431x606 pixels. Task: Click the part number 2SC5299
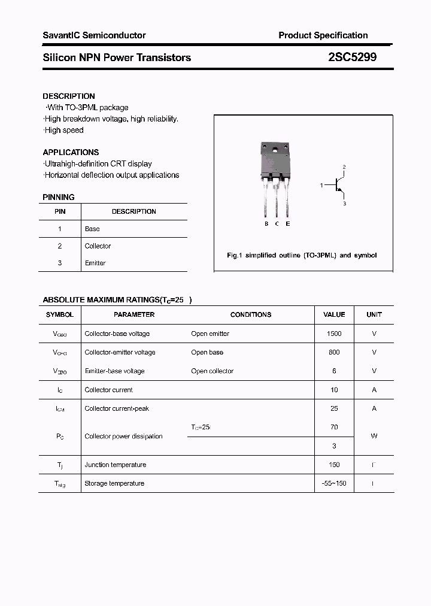click(x=352, y=57)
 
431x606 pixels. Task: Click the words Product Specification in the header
click(x=323, y=35)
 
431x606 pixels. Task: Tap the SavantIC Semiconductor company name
click(x=94, y=35)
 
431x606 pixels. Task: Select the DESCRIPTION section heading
click(x=69, y=96)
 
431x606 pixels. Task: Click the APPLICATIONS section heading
click(x=71, y=152)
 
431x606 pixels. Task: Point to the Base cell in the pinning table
click(x=92, y=229)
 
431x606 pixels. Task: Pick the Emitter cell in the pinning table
click(x=95, y=263)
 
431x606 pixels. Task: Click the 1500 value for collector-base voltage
click(x=334, y=334)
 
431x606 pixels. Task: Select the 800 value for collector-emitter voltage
click(x=334, y=352)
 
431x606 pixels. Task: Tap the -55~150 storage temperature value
click(x=334, y=483)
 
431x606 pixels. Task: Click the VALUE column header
click(x=334, y=314)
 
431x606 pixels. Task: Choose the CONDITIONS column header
click(x=251, y=314)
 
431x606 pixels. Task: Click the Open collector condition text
click(x=213, y=371)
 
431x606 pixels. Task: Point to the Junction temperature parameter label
click(x=116, y=465)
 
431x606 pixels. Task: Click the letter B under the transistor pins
click(x=266, y=224)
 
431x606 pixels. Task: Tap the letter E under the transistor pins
click(x=288, y=224)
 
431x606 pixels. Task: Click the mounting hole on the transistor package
click(x=277, y=150)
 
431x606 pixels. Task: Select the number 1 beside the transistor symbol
click(x=321, y=186)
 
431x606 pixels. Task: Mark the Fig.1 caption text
click(x=302, y=255)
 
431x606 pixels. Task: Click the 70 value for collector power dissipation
click(x=334, y=427)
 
